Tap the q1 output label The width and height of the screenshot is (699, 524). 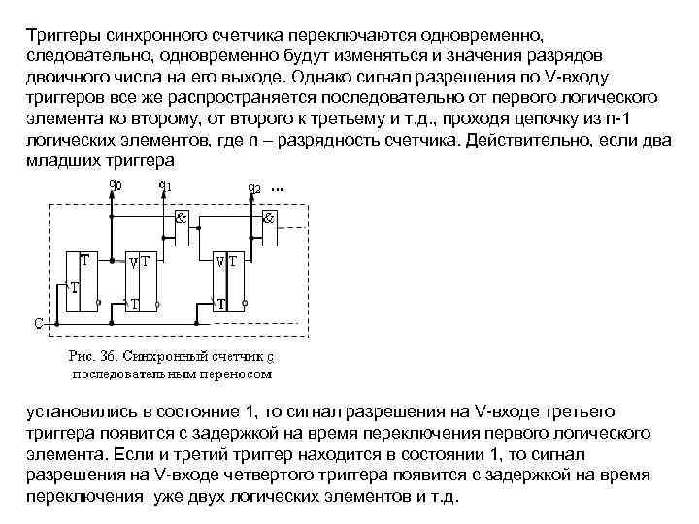coord(166,185)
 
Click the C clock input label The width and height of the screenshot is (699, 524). coord(38,322)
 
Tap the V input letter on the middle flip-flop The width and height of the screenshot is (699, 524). coord(133,262)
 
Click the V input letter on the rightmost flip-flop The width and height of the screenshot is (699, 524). coord(220,262)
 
